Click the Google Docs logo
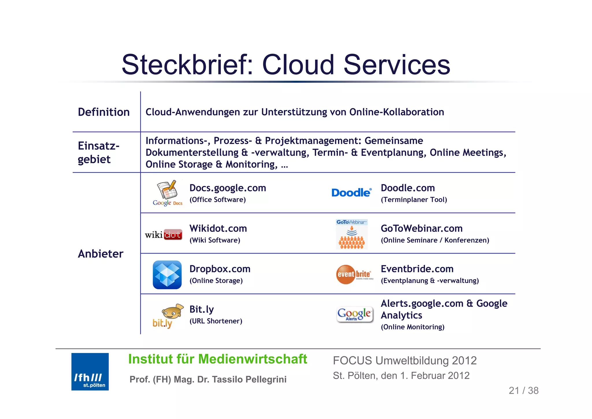pyautogui.click(x=168, y=193)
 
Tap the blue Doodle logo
pyautogui.click(x=351, y=193)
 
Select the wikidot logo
pyautogui.click(x=164, y=234)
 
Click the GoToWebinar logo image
pyautogui.click(x=352, y=234)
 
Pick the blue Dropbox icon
pyautogui.click(x=167, y=275)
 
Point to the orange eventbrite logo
pyautogui.click(x=354, y=274)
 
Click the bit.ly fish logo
pyautogui.click(x=168, y=316)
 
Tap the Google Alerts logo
pyautogui.click(x=355, y=315)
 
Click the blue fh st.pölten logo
pyautogui.click(x=90, y=372)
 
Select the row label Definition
pyautogui.click(x=104, y=112)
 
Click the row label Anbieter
pyautogui.click(x=101, y=254)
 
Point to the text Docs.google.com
pyautogui.click(x=227, y=188)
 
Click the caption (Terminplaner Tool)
pyautogui.click(x=414, y=200)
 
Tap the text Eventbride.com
pyautogui.click(x=417, y=269)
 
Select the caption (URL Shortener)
pyautogui.click(x=216, y=321)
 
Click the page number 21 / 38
pyautogui.click(x=523, y=391)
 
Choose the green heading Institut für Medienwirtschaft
pyautogui.click(x=217, y=359)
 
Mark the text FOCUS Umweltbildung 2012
pyautogui.click(x=404, y=361)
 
